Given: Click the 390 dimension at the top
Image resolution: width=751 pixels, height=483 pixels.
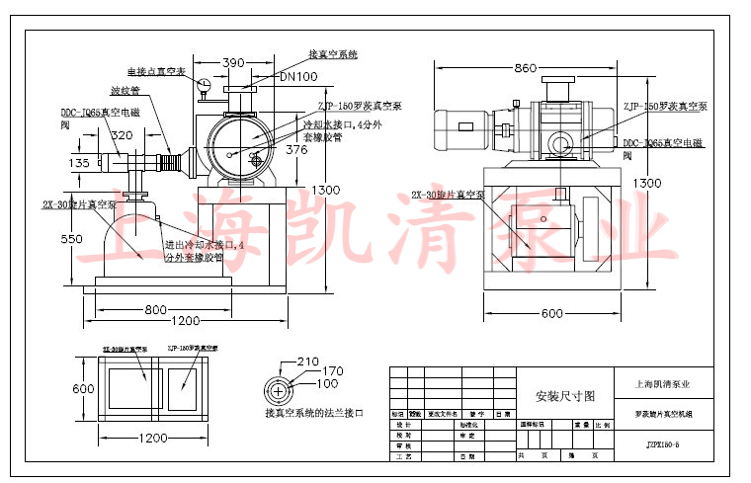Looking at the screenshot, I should click(233, 62).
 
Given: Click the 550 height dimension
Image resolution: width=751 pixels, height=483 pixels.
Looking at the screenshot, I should click(70, 240).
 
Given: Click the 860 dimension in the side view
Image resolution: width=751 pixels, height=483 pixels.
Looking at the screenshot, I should click(525, 68).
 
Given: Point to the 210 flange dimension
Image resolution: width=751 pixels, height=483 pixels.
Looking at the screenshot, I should click(309, 361).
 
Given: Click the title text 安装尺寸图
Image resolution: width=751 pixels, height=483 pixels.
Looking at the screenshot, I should click(565, 395).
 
